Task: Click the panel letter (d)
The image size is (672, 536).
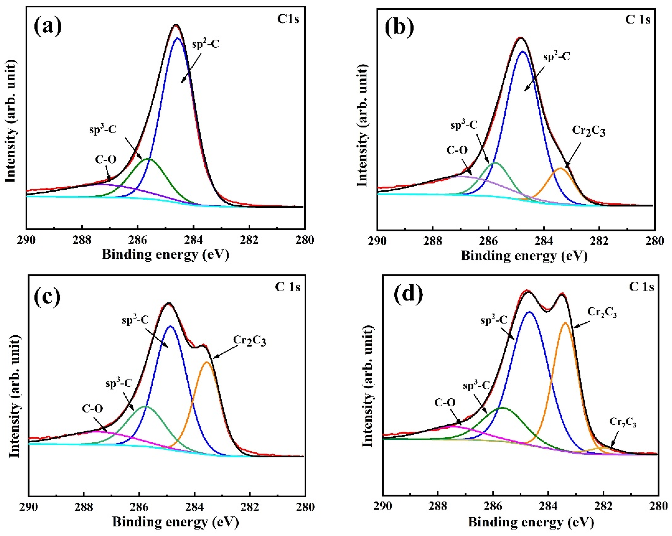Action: click(409, 294)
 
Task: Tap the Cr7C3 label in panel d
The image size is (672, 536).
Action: click(623, 423)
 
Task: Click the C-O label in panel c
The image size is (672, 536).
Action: click(93, 408)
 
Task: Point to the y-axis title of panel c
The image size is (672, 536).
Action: click(15, 398)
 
